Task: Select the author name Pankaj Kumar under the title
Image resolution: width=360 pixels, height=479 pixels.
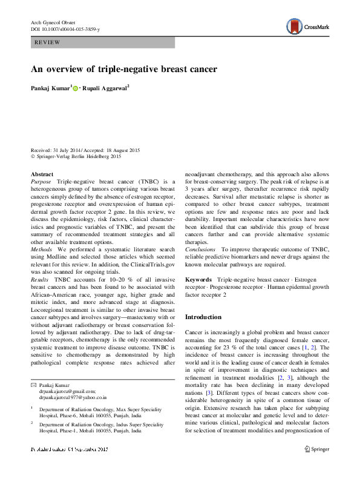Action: (50, 88)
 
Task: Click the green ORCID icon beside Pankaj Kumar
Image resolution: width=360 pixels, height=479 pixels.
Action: (76, 88)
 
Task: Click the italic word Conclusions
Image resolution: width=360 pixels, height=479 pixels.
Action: (202, 249)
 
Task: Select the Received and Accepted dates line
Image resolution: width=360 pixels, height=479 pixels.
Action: (90, 150)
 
